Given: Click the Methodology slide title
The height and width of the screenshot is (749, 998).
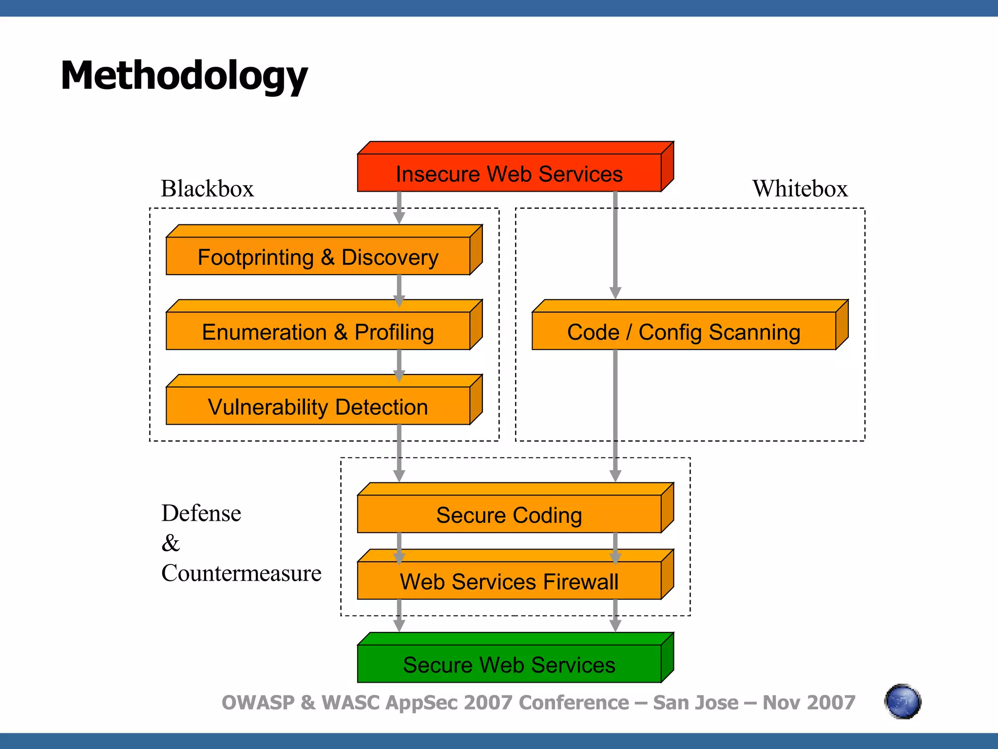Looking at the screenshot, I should pos(184,76).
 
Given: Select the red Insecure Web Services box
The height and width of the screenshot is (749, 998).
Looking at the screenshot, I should pos(509,173).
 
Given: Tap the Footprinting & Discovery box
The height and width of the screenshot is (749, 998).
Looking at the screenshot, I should pos(318,256).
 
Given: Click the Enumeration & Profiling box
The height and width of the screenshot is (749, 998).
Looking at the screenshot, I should pos(318,332).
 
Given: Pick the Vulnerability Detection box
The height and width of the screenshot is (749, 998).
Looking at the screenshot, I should pos(318,406).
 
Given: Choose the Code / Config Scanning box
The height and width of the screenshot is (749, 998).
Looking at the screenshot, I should pos(684,332).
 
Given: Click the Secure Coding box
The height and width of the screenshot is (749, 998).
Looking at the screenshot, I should pos(509,514).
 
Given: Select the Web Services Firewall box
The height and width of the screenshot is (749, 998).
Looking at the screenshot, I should pos(509,581).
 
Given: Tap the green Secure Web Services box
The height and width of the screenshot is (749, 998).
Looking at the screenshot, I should pos(509,664).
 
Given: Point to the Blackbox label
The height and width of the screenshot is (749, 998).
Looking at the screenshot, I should pos(208,188).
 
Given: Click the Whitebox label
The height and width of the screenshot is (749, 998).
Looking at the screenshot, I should pos(800,188).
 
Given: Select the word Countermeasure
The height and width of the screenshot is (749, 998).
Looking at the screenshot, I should pos(241,573).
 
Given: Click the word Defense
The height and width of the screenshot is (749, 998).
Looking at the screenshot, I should pos(201,513).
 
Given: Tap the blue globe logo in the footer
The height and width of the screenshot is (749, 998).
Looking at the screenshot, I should pos(902,701).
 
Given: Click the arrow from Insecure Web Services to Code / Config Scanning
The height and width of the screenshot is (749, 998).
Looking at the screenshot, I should pos(615,244).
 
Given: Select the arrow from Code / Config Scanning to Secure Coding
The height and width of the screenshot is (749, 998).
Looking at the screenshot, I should pos(615,414).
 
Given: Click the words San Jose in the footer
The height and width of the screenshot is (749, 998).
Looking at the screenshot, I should pos(695,703).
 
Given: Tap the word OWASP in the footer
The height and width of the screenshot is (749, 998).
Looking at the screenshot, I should pos(258,703).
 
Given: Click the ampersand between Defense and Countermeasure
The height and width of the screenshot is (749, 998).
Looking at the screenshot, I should pos(171,543).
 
